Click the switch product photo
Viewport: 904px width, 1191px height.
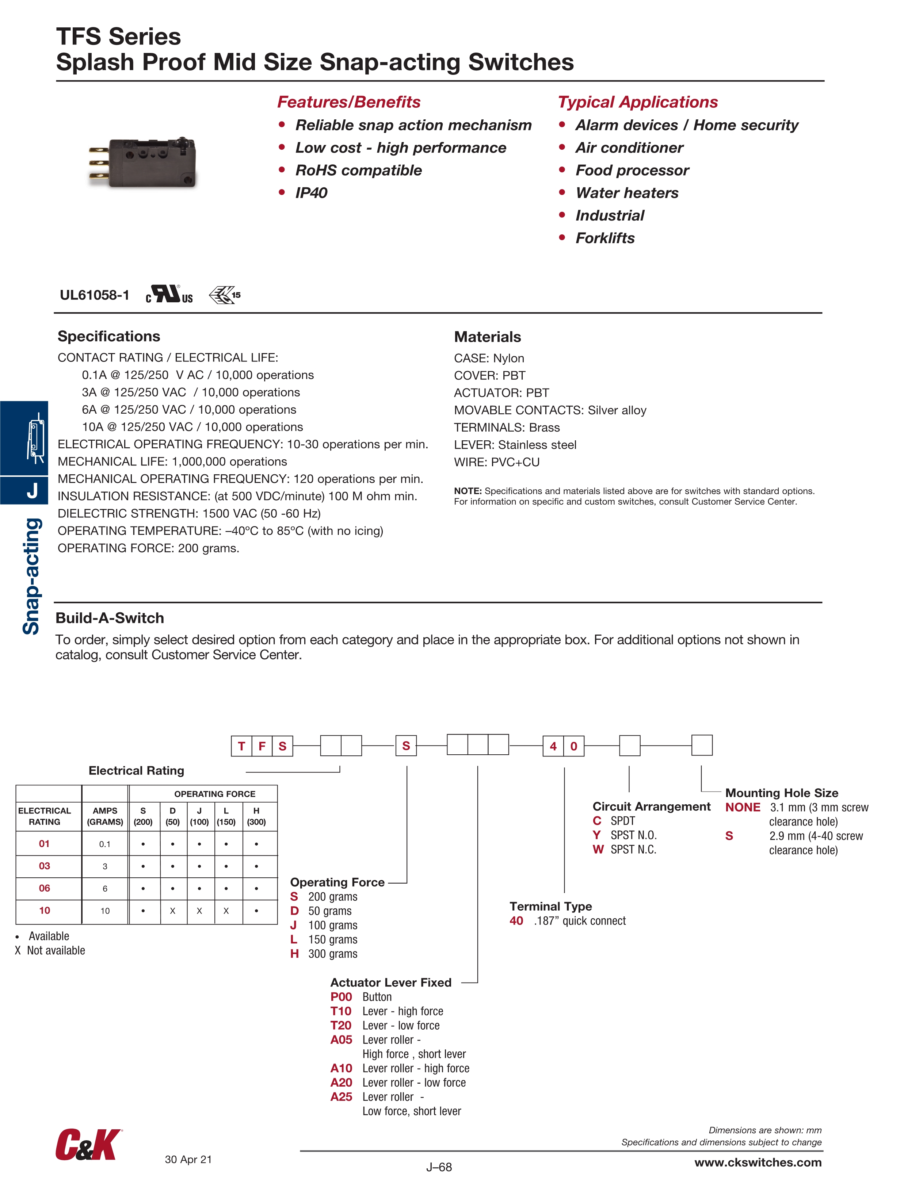(x=143, y=162)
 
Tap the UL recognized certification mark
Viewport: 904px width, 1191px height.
(x=169, y=295)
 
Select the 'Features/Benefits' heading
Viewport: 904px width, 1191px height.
(x=348, y=102)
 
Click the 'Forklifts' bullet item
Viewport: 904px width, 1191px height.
(x=604, y=238)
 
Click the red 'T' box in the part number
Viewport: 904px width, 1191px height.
(x=241, y=746)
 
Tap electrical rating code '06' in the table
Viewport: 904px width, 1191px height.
(x=44, y=888)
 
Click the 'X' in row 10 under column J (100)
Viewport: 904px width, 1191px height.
(x=199, y=911)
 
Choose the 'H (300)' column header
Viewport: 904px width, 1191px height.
(x=256, y=816)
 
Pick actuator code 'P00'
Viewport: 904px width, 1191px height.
(x=341, y=997)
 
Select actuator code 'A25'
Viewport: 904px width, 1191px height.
(x=341, y=1097)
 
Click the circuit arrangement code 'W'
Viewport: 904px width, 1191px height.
(x=598, y=850)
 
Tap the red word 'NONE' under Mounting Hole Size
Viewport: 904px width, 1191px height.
(x=743, y=808)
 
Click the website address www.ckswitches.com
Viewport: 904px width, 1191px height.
(x=758, y=1163)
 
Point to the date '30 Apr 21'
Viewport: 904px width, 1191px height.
(x=188, y=1159)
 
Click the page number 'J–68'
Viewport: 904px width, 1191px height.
(x=439, y=1167)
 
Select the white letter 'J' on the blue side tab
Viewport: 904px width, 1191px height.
(x=32, y=490)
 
